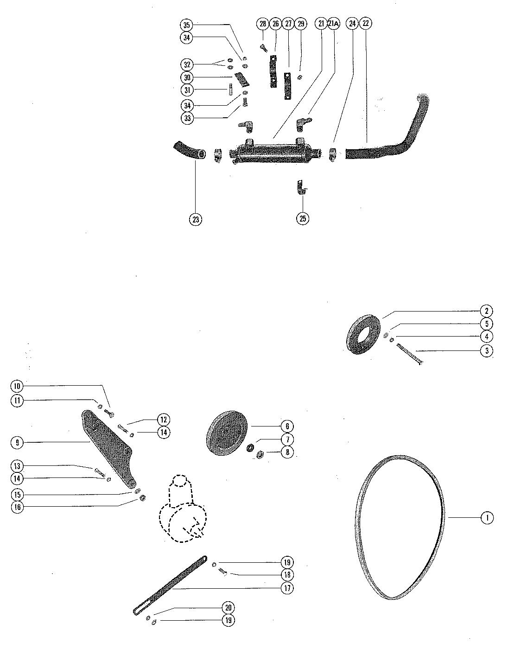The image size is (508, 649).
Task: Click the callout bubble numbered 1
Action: click(487, 517)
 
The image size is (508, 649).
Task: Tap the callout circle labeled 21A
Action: click(333, 24)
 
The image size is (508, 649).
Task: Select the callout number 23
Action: click(196, 219)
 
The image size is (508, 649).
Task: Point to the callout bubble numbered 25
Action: click(303, 218)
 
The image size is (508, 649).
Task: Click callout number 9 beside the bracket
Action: click(17, 442)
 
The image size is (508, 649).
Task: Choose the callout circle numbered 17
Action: click(287, 588)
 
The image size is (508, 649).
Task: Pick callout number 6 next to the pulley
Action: click(287, 426)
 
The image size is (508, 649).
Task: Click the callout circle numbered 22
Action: click(365, 24)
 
